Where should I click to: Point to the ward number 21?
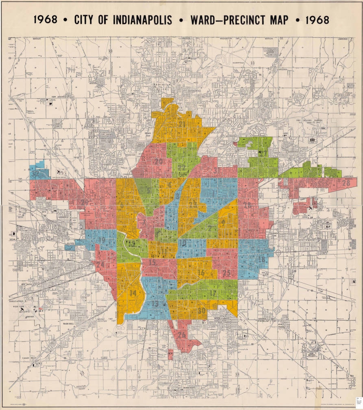pyautogui.click(x=182, y=124)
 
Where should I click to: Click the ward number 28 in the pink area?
pyautogui.click(x=346, y=183)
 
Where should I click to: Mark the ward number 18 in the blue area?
pyautogui.click(x=262, y=259)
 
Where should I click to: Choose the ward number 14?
pyautogui.click(x=133, y=293)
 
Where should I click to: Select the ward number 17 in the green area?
pyautogui.click(x=213, y=293)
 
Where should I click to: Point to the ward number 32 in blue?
pyautogui.click(x=36, y=174)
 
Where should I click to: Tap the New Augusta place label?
pyautogui.click(x=59, y=98)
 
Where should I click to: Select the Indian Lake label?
pyautogui.click(x=348, y=94)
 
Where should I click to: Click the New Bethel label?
pyautogui.click(x=312, y=354)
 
